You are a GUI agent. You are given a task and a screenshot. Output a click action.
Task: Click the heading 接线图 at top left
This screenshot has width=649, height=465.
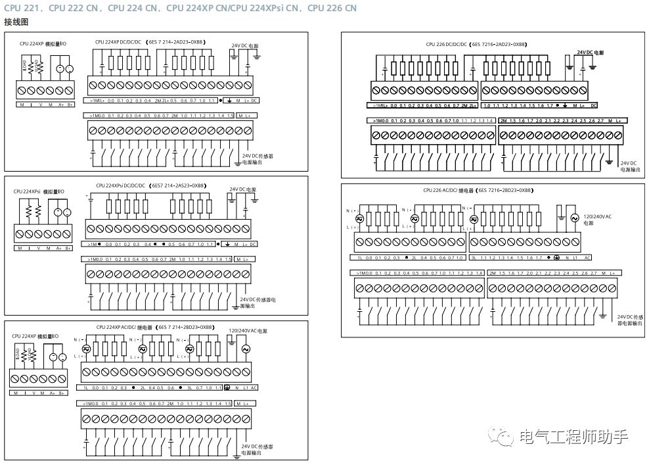coord(16,22)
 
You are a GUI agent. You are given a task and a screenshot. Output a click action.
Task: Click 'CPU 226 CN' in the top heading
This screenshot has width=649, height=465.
coord(332,8)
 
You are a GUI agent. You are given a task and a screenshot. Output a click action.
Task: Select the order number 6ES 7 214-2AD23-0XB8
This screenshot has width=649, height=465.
coord(177,42)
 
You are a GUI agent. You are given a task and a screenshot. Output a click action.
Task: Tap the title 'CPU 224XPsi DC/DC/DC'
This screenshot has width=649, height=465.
coord(120,185)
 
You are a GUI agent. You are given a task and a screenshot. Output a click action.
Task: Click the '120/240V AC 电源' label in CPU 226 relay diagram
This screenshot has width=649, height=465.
coord(598,219)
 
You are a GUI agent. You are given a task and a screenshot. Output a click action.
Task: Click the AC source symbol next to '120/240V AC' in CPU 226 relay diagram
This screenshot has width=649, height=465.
coord(575,218)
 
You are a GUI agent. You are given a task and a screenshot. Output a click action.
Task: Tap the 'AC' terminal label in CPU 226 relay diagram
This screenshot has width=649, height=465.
coord(587,257)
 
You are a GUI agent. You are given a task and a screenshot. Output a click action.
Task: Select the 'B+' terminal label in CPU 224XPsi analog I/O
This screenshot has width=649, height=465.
coord(68,248)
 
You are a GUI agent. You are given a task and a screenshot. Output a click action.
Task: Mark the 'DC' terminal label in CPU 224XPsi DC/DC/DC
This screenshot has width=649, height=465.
coord(254,244)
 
